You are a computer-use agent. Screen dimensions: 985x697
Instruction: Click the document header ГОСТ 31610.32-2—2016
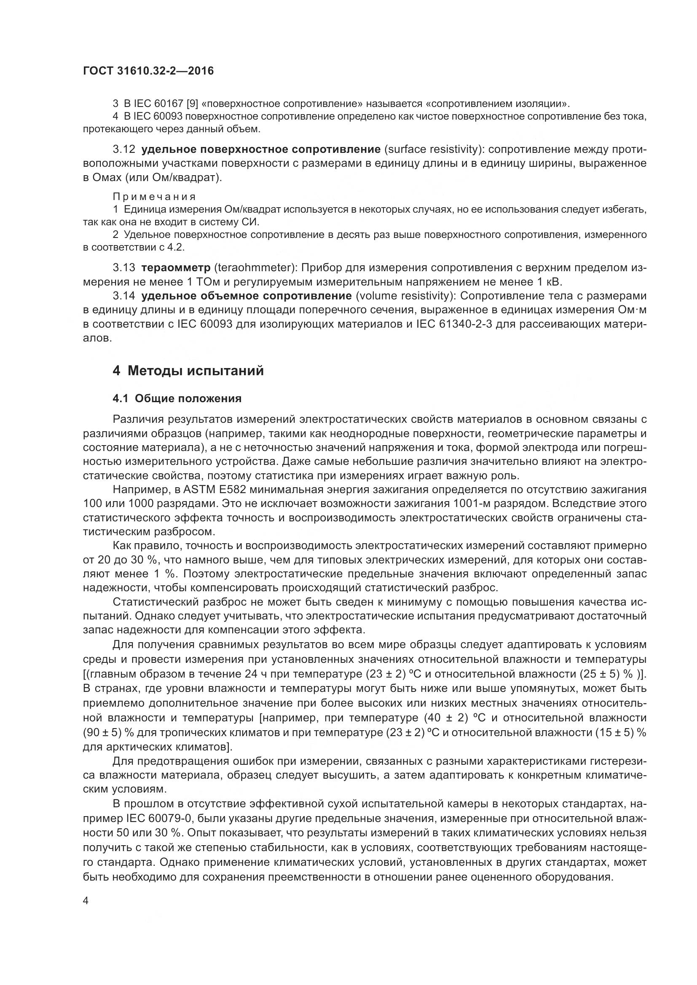pos(148,71)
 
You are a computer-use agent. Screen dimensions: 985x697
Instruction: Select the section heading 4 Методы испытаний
pos(188,371)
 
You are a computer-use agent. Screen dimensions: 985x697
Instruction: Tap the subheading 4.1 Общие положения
pos(177,398)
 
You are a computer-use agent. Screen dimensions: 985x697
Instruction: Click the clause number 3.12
pos(124,149)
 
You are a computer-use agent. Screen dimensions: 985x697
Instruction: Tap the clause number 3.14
pos(124,296)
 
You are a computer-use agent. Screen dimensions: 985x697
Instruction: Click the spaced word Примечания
pos(154,197)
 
